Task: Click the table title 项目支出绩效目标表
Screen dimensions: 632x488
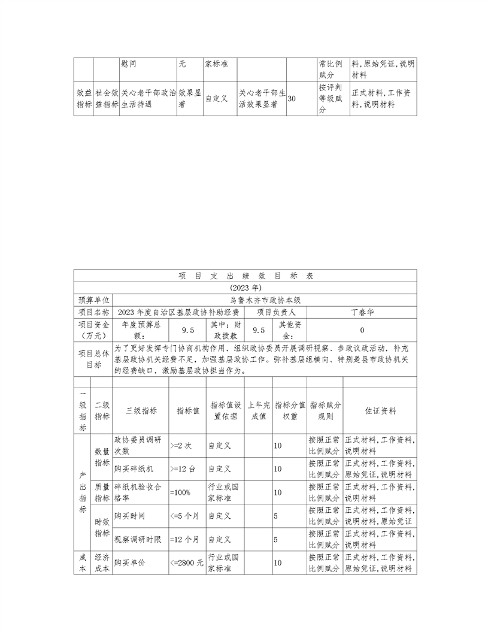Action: click(245, 276)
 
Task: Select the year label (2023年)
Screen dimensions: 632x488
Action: click(245, 288)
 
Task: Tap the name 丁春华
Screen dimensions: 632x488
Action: click(362, 312)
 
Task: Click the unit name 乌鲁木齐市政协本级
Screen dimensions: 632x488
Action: click(265, 300)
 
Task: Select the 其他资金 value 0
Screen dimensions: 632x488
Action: click(362, 330)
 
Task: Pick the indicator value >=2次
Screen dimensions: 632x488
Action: click(181, 446)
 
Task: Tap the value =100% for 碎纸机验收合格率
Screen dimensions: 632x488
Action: click(180, 492)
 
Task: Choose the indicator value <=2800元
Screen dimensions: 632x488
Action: click(186, 563)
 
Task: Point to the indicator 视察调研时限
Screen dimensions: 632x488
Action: click(138, 539)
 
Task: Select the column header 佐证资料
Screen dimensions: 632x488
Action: click(380, 412)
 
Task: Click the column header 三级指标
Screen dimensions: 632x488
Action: click(141, 412)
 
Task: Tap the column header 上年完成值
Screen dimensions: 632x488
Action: click(259, 410)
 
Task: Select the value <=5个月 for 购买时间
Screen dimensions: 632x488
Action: click(184, 515)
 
